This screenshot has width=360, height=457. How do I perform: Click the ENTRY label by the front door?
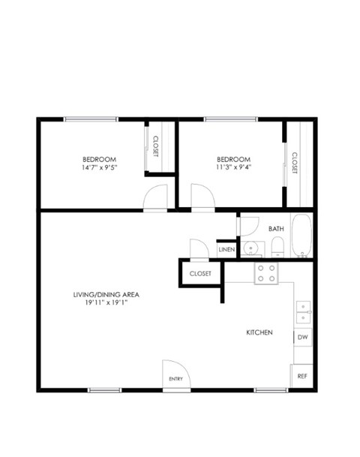pyautogui.click(x=176, y=379)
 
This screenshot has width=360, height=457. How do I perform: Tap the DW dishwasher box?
pyautogui.click(x=302, y=338)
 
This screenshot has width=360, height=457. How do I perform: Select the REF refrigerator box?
pyautogui.click(x=301, y=375)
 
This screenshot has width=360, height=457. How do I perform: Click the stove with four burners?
pyautogui.click(x=266, y=272)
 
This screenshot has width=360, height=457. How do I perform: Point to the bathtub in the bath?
pyautogui.click(x=301, y=236)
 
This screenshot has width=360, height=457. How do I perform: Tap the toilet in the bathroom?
pyautogui.click(x=277, y=246)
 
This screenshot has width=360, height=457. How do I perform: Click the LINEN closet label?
pyautogui.click(x=226, y=249)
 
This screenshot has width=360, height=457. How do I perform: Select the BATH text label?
pyautogui.click(x=276, y=229)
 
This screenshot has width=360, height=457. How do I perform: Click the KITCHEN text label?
pyautogui.click(x=259, y=332)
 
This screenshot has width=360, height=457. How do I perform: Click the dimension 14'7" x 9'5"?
pyautogui.click(x=99, y=169)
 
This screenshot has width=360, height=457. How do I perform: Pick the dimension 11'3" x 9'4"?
pyautogui.click(x=233, y=169)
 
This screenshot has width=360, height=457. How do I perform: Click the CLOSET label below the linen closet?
pyautogui.click(x=200, y=274)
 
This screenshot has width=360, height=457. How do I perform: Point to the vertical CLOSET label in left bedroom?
pyautogui.click(x=155, y=146)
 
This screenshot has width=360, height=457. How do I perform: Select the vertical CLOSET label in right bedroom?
pyautogui.click(x=294, y=162)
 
